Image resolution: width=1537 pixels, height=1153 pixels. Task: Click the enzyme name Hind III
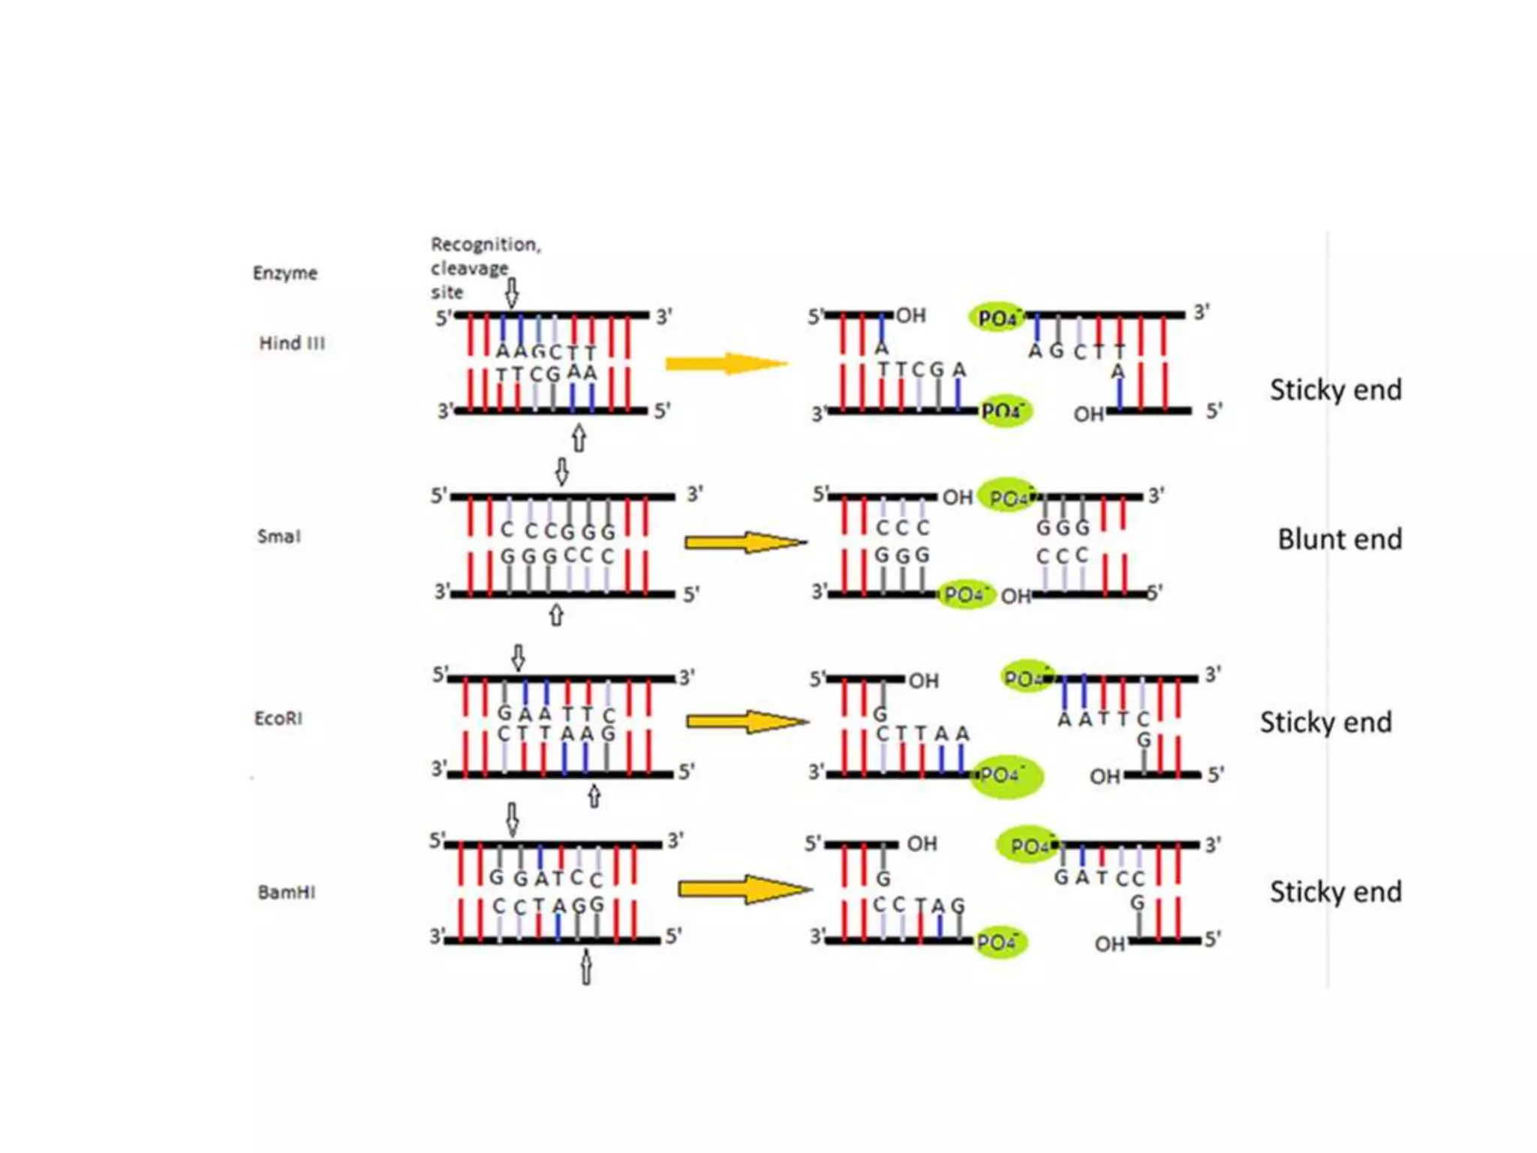292,343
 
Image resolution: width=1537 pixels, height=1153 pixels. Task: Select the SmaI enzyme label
278,536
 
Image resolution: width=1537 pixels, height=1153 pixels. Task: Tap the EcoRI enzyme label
278,718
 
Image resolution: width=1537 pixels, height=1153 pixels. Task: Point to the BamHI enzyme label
287,892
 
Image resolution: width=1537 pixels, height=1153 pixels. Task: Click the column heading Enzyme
285,272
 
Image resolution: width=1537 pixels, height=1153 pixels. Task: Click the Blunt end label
1340,539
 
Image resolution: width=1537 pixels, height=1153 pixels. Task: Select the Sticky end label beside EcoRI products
1326,722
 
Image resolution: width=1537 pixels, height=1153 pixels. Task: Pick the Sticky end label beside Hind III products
1335,390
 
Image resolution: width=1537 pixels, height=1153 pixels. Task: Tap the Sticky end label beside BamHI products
1335,892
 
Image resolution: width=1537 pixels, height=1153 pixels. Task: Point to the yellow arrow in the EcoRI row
747,722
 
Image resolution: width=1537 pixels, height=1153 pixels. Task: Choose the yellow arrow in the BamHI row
744,890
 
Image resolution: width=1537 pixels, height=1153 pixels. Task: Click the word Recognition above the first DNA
485,245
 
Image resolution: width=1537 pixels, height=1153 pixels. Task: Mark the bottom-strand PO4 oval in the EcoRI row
1006,775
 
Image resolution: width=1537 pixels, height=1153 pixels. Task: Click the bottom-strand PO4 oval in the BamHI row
1000,942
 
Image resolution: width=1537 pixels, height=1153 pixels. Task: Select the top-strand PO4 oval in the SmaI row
1008,496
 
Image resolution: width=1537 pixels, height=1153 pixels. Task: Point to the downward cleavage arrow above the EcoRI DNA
518,658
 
